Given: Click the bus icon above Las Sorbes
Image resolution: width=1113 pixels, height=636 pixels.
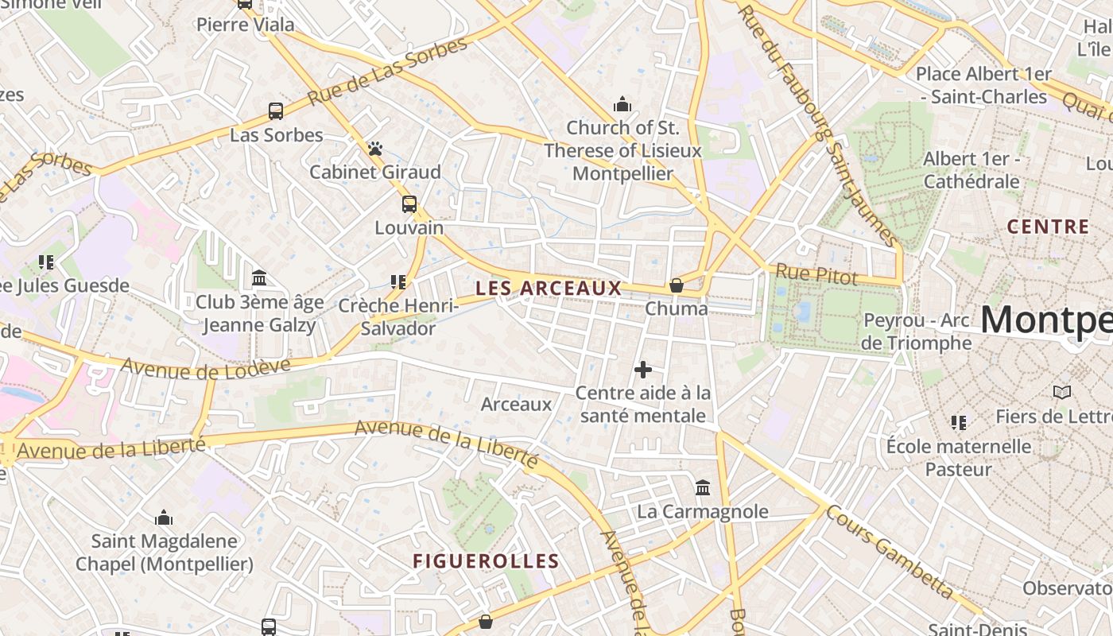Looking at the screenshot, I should click(x=276, y=111).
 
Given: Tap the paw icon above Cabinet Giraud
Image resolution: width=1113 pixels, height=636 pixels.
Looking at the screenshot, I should click(x=375, y=149).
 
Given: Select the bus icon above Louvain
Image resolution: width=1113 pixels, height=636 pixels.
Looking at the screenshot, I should click(x=409, y=204).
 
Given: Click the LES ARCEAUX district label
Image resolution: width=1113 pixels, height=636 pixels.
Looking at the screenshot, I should click(x=549, y=289).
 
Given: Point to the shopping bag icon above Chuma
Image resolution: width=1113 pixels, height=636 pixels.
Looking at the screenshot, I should click(x=677, y=285).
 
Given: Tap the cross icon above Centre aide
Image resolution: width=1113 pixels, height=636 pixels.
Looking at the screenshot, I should click(x=643, y=370).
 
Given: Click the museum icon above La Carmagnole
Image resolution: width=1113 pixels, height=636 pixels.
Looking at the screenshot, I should click(x=703, y=487).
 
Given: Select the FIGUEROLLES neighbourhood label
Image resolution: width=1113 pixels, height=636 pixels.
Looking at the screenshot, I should click(x=486, y=561).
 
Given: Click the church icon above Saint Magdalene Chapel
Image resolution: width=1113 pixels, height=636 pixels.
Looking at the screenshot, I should click(x=164, y=518).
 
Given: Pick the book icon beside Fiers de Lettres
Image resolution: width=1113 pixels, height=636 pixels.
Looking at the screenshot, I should click(x=1061, y=392).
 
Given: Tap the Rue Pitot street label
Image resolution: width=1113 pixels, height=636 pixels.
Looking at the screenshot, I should click(x=816, y=277).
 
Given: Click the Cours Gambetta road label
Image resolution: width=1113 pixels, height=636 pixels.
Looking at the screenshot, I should click(x=889, y=552).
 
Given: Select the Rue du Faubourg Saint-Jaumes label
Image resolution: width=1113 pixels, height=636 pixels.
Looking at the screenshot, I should click(x=818, y=123).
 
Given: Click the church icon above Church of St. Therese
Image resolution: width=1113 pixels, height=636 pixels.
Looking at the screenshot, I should click(x=622, y=104).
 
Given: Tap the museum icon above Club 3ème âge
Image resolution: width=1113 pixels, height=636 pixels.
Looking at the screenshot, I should click(x=259, y=278).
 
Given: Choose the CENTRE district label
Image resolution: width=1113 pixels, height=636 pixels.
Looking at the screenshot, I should click(x=1049, y=227).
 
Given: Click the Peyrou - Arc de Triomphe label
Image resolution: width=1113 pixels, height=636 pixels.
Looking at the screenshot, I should click(x=917, y=332).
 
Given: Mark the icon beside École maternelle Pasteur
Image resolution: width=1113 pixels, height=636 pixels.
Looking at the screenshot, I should click(x=959, y=422).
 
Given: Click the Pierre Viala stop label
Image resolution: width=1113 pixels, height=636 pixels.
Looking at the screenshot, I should click(x=245, y=25).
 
